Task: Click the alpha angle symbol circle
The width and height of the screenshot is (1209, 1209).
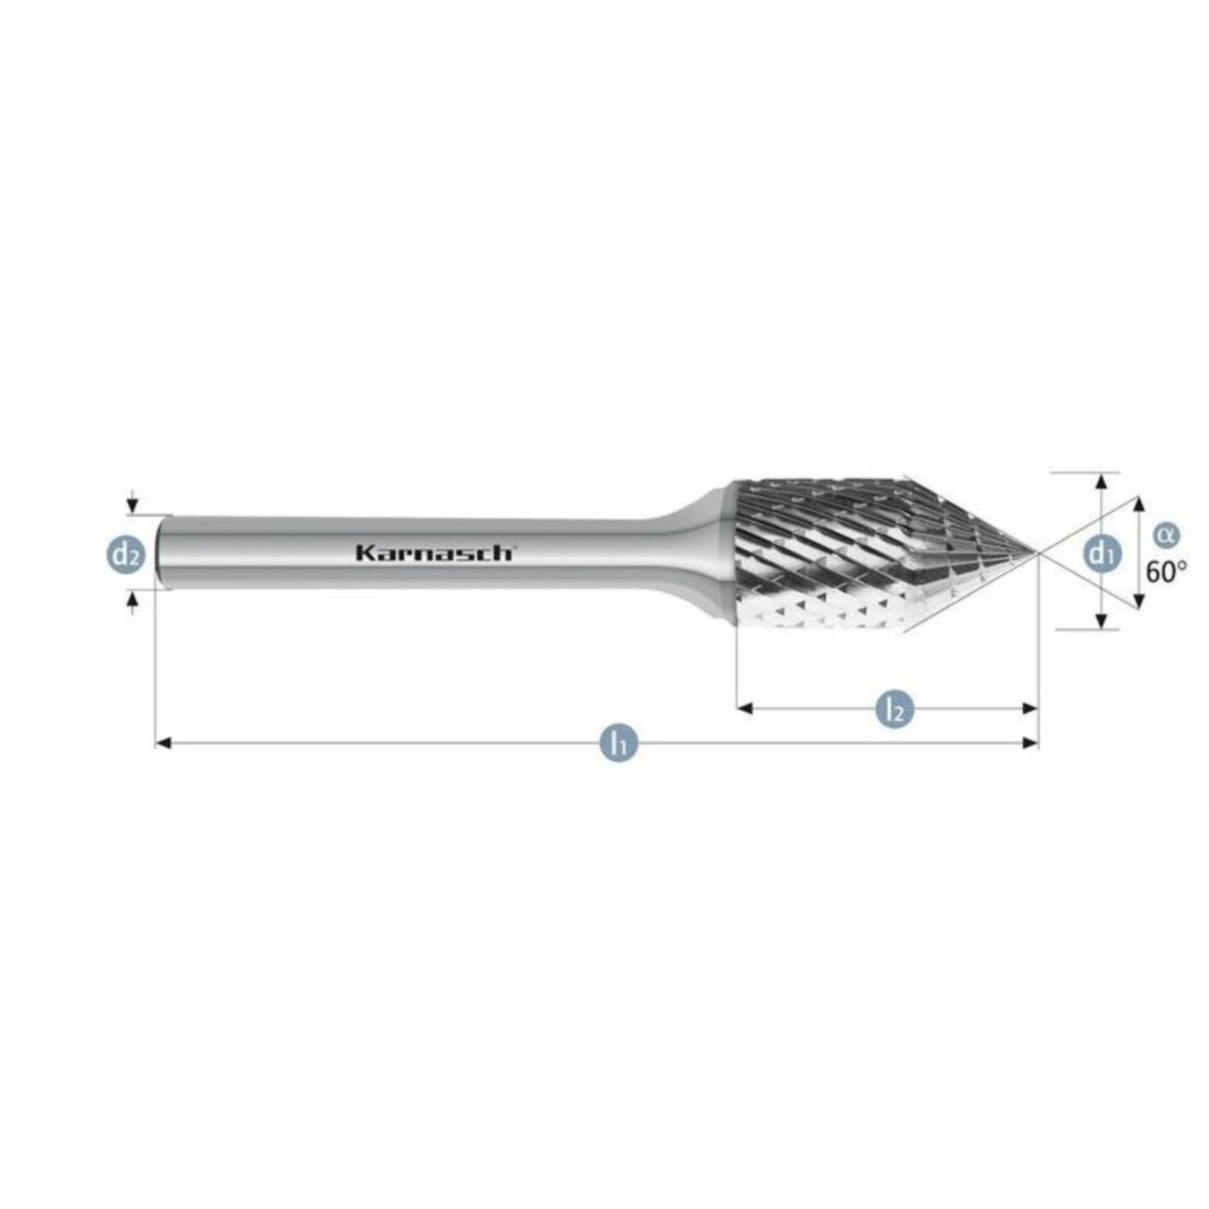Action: pos(1165,535)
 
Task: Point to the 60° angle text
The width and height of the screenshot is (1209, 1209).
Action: pos(1166,571)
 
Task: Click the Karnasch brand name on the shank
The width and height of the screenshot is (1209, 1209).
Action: pos(434,553)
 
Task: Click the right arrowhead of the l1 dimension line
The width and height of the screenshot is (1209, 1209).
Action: pos(1031,742)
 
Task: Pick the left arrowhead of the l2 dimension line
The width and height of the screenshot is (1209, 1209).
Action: pos(744,708)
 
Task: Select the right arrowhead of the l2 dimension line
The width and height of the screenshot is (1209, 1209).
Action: pos(1031,708)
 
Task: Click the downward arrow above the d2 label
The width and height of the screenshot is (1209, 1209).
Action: pos(133,507)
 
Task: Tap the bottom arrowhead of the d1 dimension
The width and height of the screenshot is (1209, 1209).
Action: pos(1101,621)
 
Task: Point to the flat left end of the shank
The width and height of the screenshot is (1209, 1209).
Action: pos(159,553)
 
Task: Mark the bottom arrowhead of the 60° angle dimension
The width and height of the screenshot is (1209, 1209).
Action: pos(1139,601)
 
